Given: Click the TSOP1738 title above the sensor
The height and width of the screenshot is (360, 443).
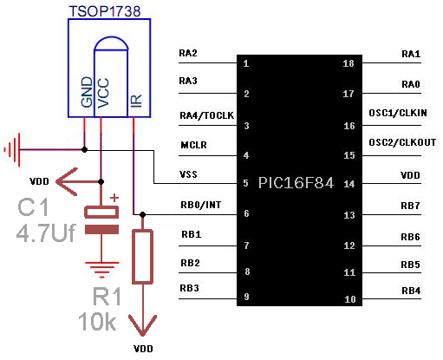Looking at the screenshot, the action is (105, 11).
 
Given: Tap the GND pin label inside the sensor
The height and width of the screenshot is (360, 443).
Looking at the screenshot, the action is (87, 92).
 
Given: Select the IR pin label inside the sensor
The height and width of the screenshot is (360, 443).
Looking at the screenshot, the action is (136, 101).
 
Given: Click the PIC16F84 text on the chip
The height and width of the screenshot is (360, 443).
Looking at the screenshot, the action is (296, 183).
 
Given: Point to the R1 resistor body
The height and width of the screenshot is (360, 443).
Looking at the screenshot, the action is (142, 257).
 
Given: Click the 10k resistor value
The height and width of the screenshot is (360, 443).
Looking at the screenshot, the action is (97, 321).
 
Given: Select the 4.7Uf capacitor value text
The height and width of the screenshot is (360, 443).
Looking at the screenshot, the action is (46, 232).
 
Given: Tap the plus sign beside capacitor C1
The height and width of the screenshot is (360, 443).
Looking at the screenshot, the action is (114, 198).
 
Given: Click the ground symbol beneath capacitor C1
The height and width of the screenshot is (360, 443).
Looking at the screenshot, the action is (101, 270).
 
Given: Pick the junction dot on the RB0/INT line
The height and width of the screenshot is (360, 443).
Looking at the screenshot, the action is (142, 214).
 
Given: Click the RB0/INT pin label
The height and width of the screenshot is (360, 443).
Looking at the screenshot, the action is (201, 205).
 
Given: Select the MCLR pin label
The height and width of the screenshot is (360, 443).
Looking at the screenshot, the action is (193, 145).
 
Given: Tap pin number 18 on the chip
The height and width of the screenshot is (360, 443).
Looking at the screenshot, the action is (349, 63).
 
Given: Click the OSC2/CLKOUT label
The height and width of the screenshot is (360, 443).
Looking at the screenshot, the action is (402, 142).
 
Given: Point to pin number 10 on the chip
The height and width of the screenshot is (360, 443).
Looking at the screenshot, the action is (350, 299).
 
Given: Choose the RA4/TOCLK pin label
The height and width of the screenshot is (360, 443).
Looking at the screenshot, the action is (206, 115).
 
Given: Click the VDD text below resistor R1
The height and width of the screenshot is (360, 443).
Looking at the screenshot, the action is (143, 349).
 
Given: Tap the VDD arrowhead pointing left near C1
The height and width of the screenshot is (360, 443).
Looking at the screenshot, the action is (67, 181).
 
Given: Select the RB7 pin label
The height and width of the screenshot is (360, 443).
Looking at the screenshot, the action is (410, 206).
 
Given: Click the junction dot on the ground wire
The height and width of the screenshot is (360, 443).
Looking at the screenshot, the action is (84, 150).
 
